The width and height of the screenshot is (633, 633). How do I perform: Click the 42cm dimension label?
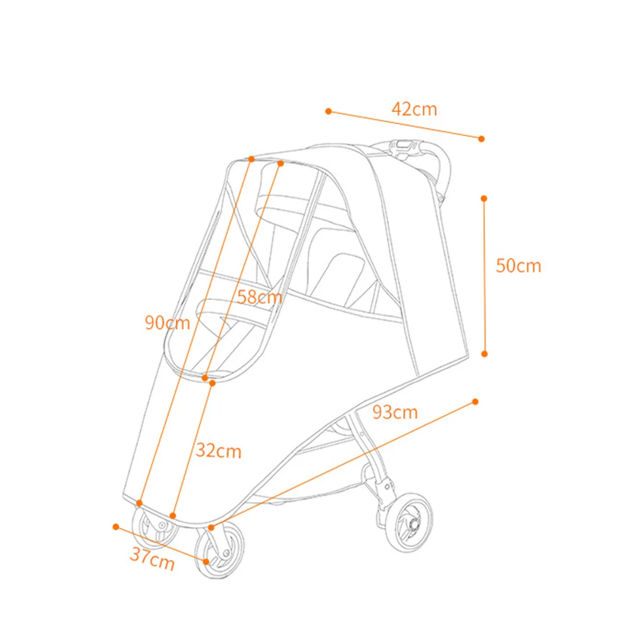[x=414, y=109]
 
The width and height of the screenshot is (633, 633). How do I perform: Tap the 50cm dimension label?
[x=518, y=266]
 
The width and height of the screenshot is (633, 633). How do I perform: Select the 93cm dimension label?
[x=395, y=412]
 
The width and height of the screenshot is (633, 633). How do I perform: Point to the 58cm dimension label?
[x=259, y=297]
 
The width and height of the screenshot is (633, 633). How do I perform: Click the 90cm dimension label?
[x=167, y=323]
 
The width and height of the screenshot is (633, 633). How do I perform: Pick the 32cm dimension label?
[x=218, y=451]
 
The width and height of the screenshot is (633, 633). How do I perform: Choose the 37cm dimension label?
[x=152, y=558]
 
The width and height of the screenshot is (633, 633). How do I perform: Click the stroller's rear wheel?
[x=408, y=522]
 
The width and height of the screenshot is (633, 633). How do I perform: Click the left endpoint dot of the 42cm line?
[x=329, y=111]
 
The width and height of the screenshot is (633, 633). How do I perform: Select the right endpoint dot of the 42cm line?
[x=481, y=139]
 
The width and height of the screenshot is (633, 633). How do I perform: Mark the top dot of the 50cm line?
[x=484, y=199]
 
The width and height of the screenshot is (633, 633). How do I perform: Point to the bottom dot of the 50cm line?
[x=484, y=354]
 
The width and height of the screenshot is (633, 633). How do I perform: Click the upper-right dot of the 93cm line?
[x=475, y=402]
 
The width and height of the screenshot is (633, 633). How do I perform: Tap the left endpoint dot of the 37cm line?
[x=116, y=527]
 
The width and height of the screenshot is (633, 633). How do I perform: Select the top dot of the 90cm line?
[x=251, y=159]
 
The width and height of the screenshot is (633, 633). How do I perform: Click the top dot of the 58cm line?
[x=280, y=163]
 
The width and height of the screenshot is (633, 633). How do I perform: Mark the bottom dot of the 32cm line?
[x=173, y=516]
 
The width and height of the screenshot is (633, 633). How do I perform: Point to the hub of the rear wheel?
[x=413, y=524]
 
